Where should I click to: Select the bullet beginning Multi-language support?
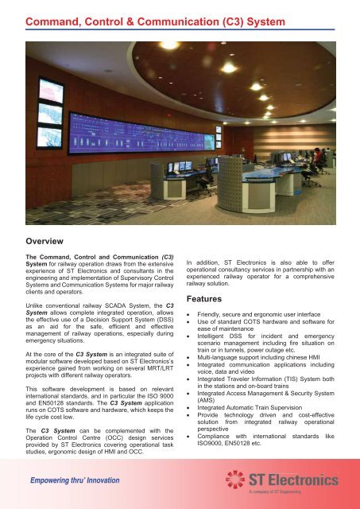265,359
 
